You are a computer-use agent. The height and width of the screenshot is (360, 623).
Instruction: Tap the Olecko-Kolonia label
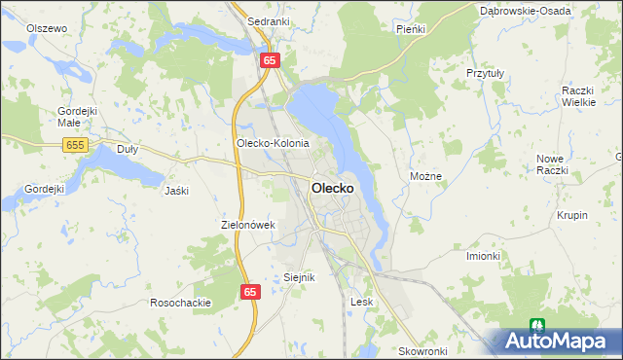tap(273, 143)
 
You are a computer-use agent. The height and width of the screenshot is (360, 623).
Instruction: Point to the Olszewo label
tap(47, 28)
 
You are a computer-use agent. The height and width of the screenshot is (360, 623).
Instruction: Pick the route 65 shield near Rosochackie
tap(250, 291)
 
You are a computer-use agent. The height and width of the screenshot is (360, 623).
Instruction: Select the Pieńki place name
tap(411, 29)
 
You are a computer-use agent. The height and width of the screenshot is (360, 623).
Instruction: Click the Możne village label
tap(426, 177)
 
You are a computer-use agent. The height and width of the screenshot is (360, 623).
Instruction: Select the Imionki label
tap(483, 256)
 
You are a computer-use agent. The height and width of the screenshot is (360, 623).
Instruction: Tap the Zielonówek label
tap(250, 225)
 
